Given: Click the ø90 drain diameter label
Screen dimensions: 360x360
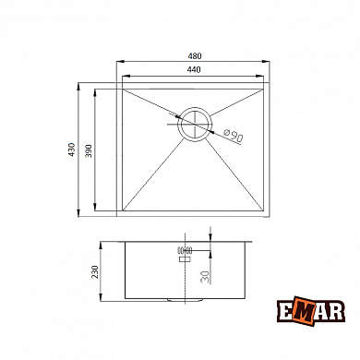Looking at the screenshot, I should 233,138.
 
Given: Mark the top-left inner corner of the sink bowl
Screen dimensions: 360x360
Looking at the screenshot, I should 123,90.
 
